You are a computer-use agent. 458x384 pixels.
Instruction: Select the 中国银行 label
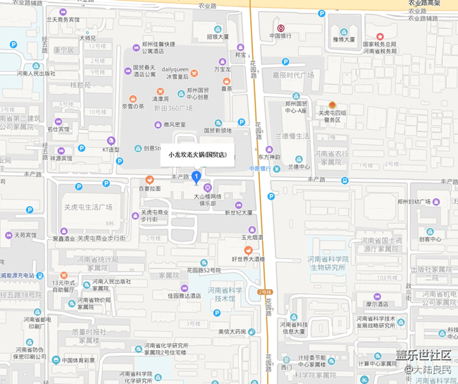pyautogui.click(x=280, y=36)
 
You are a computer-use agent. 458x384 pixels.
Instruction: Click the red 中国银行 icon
pyautogui.click(x=280, y=28)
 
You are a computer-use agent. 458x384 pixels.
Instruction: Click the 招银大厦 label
pyautogui.click(x=217, y=36)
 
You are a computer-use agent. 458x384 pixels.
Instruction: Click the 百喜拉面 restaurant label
pyautogui.click(x=149, y=188)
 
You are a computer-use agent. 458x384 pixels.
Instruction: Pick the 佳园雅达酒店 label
pyautogui.click(x=184, y=296)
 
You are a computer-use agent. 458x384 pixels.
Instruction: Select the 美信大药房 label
pyautogui.click(x=231, y=331)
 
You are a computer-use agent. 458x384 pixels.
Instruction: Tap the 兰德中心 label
pyautogui.click(x=299, y=167)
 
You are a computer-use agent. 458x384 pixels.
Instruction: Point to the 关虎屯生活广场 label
pyautogui.click(x=89, y=207)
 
